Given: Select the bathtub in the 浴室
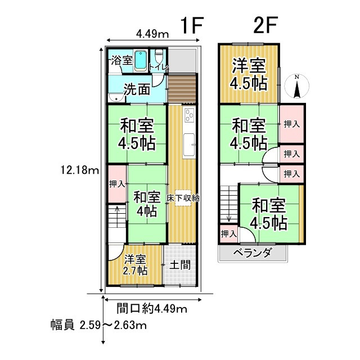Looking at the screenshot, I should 141,60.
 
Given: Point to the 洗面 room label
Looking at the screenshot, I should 137,89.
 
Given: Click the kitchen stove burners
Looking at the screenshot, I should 188,115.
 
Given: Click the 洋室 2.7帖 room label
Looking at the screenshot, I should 136,265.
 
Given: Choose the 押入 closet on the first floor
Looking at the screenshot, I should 117,184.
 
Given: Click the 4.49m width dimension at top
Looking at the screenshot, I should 152,34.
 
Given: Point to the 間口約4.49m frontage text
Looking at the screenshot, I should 151,308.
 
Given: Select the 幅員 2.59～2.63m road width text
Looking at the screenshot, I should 98,325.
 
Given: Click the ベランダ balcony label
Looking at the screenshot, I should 252,253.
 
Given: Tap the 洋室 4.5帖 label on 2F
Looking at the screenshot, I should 248,74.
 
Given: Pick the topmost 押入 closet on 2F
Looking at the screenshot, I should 291,124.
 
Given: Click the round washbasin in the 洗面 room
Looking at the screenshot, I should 117,96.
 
